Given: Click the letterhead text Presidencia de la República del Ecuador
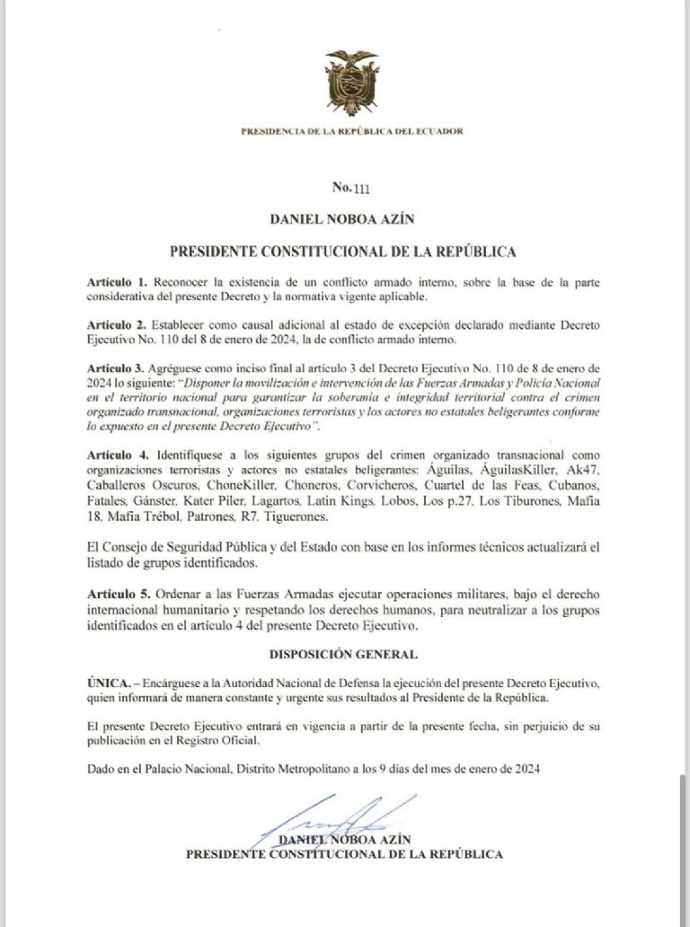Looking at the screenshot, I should (351, 131).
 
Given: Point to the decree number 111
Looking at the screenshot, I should (351, 188).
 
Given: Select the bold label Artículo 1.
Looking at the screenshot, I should (117, 282).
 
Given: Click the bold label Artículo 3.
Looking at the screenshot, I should (117, 369).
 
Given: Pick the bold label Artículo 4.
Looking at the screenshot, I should (117, 456).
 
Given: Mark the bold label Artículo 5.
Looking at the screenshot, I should (117, 596).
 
